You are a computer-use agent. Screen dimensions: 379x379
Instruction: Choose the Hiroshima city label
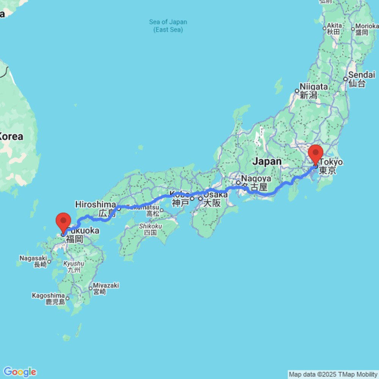(96, 205)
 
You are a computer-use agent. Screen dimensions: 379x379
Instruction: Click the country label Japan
(267, 161)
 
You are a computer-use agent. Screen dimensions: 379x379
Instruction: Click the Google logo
(20, 372)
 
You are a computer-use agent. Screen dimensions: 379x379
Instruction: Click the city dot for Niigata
(297, 91)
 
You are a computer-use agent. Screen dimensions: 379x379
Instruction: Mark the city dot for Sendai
(345, 79)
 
